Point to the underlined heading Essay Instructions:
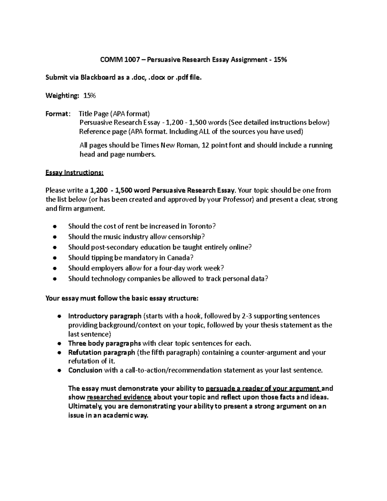(74, 173)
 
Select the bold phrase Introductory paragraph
(104, 316)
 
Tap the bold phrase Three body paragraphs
(104, 343)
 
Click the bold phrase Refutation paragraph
(102, 352)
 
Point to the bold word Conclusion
(85, 370)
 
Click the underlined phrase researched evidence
(119, 397)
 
